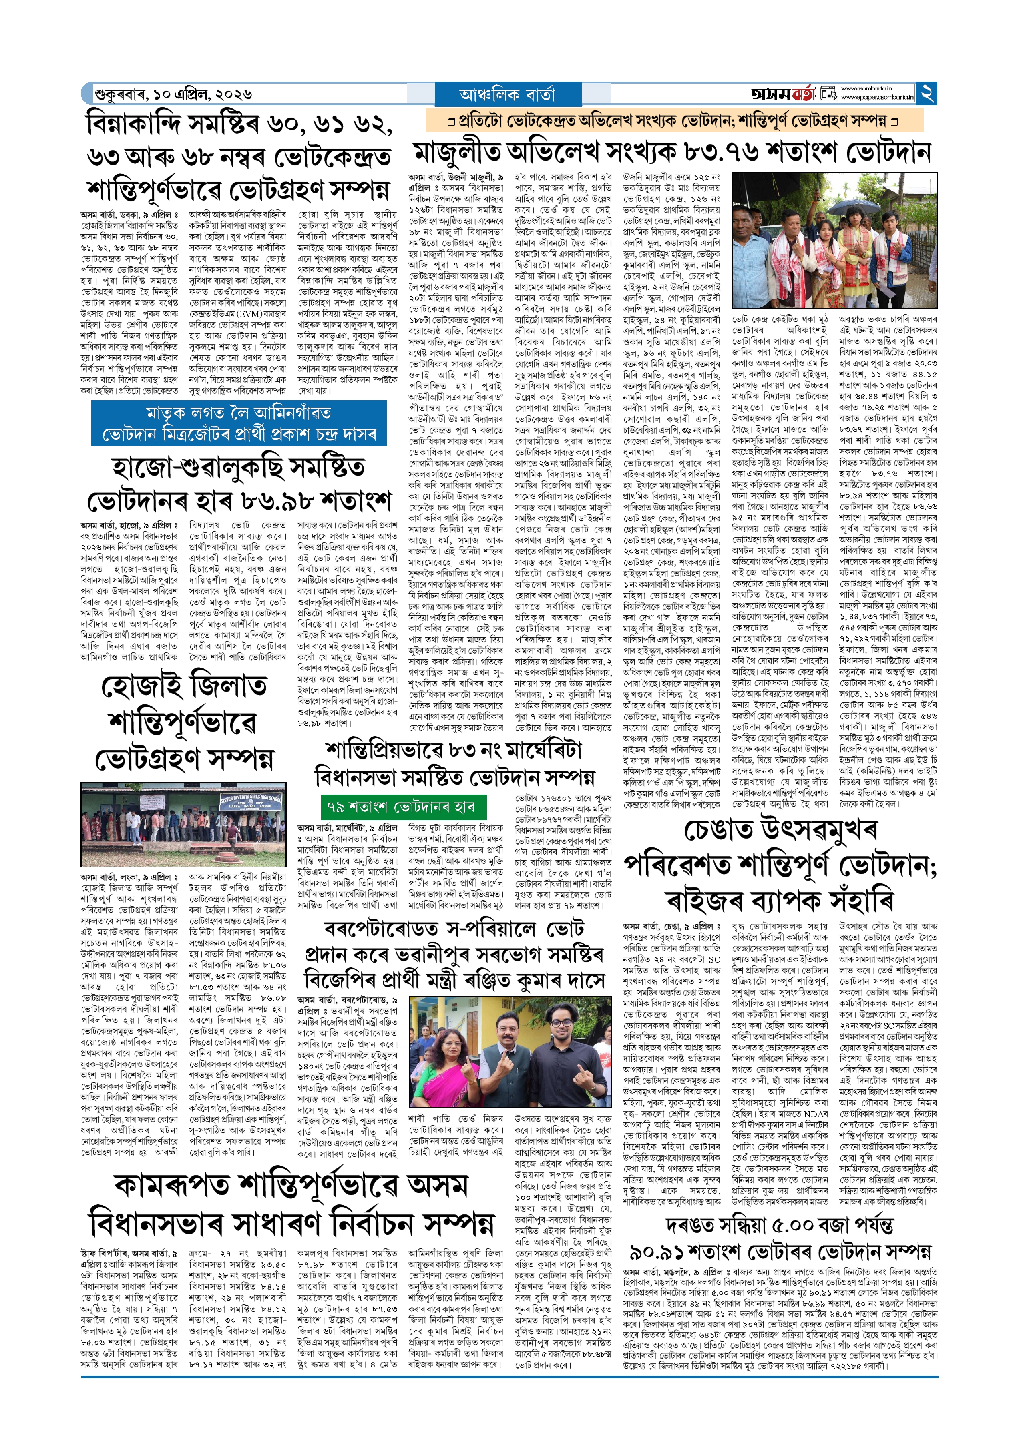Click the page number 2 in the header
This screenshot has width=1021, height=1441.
(x=927, y=94)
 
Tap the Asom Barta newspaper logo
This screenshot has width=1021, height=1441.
(x=783, y=94)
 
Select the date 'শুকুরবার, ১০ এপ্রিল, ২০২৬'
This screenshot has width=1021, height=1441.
(x=173, y=94)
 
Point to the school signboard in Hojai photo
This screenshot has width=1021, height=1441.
(x=250, y=803)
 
